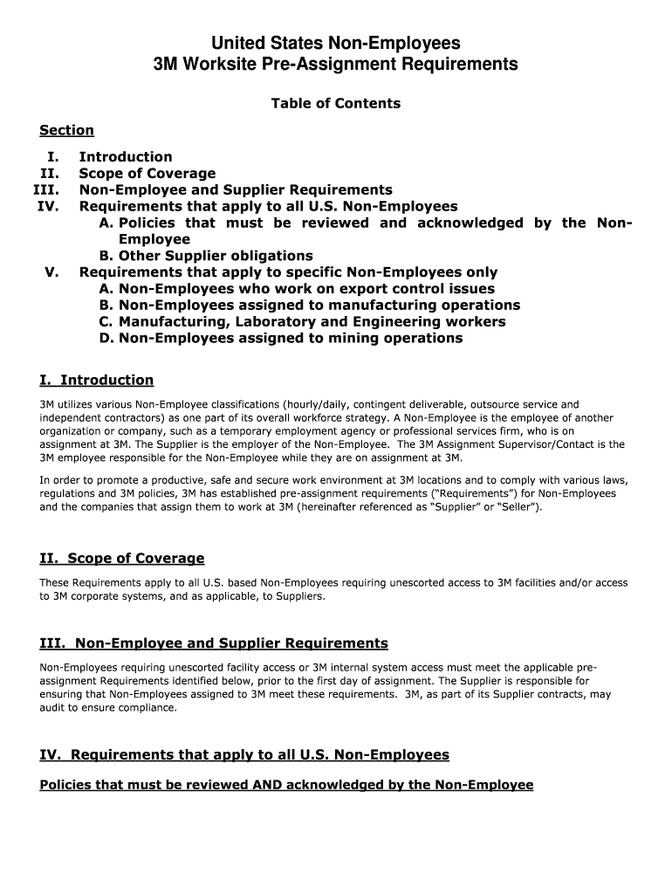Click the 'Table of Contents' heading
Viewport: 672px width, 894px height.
(335, 104)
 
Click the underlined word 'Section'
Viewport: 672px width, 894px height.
(66, 131)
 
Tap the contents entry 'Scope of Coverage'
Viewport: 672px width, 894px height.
(147, 174)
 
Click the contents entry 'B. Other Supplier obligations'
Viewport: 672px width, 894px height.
(206, 256)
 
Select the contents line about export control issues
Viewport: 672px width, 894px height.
(297, 289)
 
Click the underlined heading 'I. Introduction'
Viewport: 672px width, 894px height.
(97, 381)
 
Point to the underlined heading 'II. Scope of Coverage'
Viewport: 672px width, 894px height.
(122, 559)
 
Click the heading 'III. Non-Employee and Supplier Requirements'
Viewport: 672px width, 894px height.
(214, 644)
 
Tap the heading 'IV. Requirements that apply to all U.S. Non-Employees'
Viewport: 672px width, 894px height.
(244, 755)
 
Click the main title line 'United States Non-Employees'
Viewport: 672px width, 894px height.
(335, 44)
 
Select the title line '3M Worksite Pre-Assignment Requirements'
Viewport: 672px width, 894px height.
(335, 65)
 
